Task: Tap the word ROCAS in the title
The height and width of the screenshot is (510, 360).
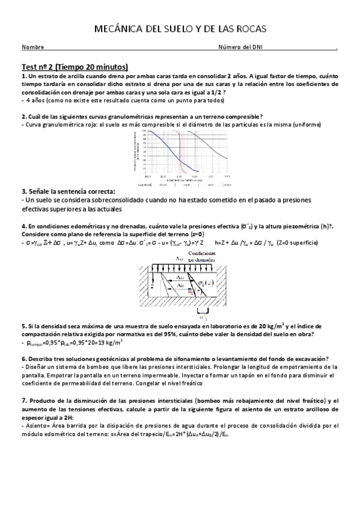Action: click(x=246, y=29)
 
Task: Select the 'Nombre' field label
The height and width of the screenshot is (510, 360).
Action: click(x=32, y=48)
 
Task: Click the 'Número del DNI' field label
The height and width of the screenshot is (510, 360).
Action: click(x=240, y=48)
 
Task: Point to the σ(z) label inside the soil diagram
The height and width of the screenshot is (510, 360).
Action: click(x=206, y=283)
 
